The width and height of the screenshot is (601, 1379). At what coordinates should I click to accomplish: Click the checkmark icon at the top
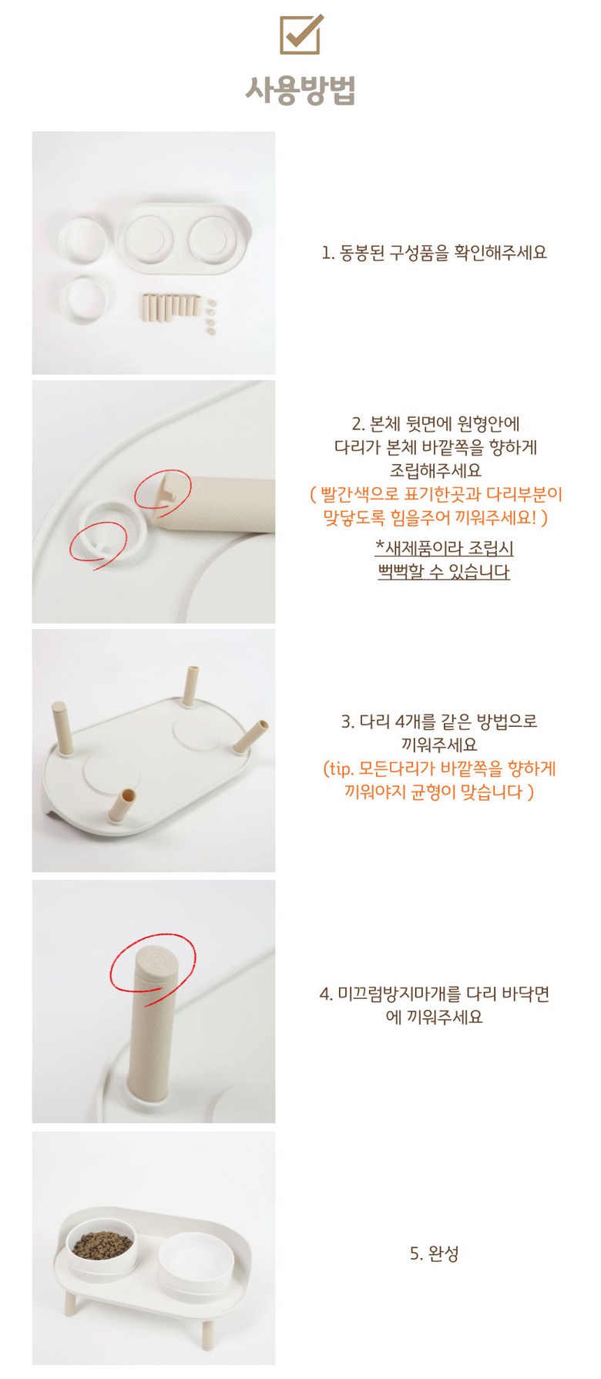point(300,34)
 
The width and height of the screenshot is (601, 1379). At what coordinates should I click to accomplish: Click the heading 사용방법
point(300,90)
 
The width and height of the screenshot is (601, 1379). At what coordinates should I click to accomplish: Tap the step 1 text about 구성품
point(434,253)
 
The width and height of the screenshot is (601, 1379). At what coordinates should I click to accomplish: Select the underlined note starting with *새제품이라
point(444,548)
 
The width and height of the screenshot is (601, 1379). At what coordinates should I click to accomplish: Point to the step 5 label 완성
point(434,1253)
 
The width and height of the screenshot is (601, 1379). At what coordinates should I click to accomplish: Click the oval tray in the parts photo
point(183,238)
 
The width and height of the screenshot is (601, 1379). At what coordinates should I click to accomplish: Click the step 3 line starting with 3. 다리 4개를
point(439,721)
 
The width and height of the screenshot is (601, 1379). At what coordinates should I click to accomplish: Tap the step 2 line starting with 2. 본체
point(436,423)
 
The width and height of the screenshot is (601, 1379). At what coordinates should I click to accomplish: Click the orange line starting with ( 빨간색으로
point(436,494)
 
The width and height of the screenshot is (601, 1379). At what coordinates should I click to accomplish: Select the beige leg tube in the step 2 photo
point(220,504)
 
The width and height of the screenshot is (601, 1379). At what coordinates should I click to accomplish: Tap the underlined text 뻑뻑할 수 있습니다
point(444,572)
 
